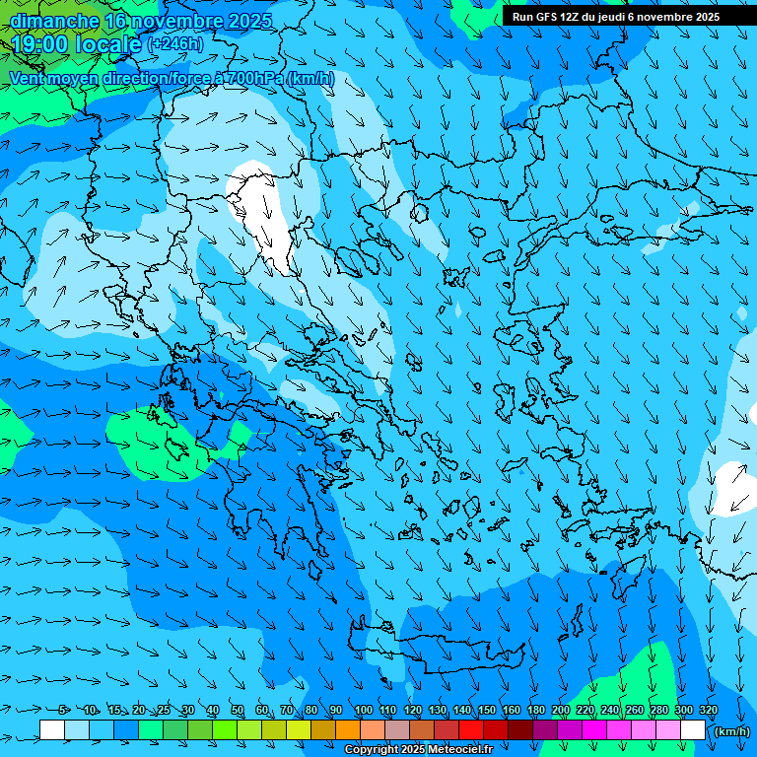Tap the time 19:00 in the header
tap(40, 44)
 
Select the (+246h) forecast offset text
tap(175, 44)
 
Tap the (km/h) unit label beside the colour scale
tap(731, 731)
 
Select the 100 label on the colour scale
tap(364, 711)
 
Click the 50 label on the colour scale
tap(238, 711)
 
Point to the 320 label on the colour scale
tap(709, 711)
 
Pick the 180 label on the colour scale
tap(536, 711)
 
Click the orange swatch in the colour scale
tap(348, 730)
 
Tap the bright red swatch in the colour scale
tap(471, 730)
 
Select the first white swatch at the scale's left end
tap(52, 730)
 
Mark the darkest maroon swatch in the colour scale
tap(520, 730)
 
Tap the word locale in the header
tap(108, 44)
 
